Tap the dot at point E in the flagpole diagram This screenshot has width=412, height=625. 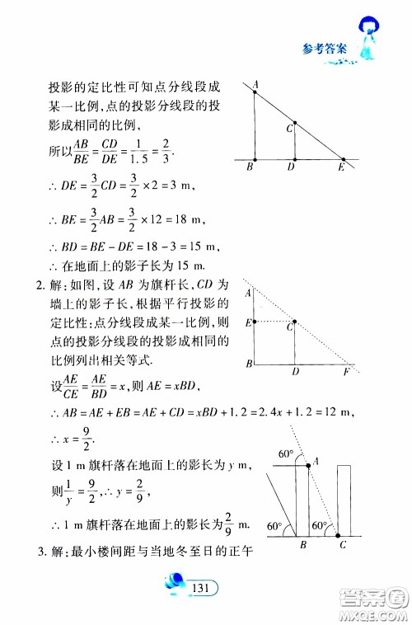(x=255, y=321)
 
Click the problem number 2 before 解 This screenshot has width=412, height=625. (x=37, y=286)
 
